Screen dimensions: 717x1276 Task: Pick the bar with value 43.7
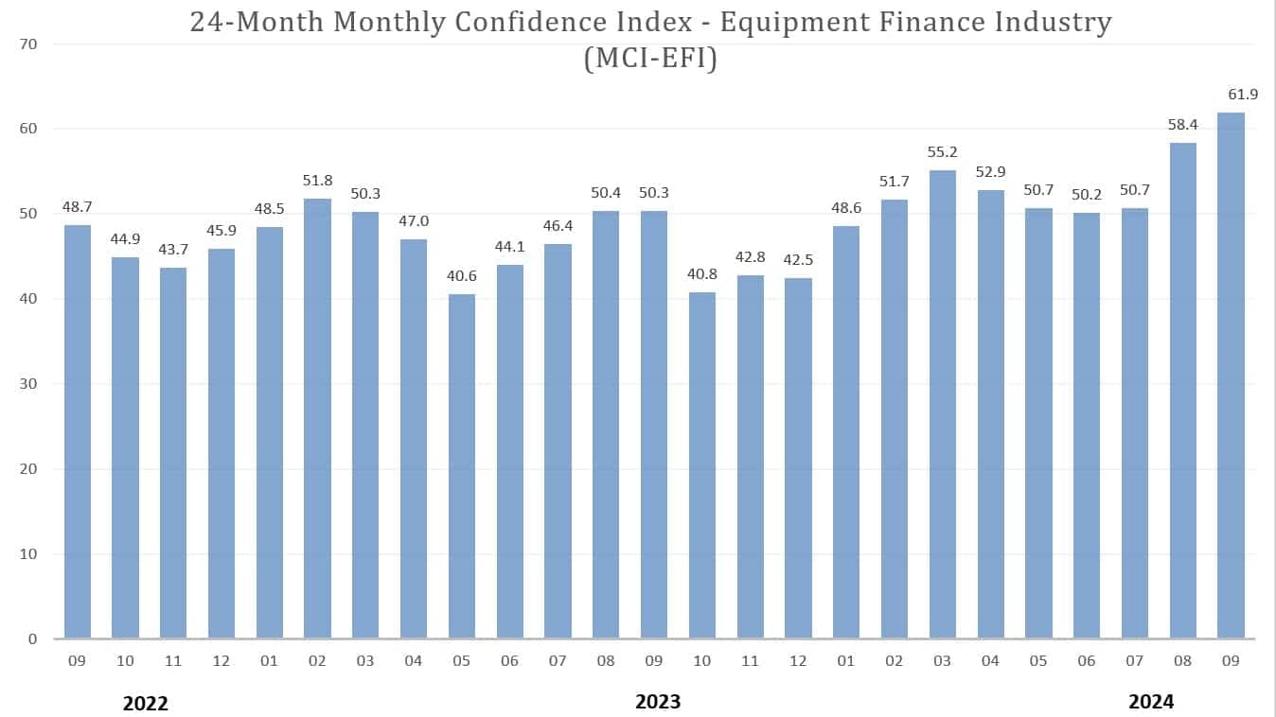click(173, 453)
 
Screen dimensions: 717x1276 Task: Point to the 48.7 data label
click(78, 206)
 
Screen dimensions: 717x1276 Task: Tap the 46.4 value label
click(558, 225)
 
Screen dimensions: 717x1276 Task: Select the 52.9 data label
click(990, 171)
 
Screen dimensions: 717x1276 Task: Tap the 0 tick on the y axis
click(31, 639)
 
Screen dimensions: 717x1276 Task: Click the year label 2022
click(146, 703)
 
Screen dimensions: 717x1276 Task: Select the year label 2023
click(658, 702)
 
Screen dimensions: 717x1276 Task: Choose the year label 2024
click(1151, 702)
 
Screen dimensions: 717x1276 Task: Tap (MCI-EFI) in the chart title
click(650, 58)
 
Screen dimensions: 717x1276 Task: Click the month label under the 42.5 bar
click(798, 660)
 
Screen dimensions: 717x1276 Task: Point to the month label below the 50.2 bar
click(1087, 660)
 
